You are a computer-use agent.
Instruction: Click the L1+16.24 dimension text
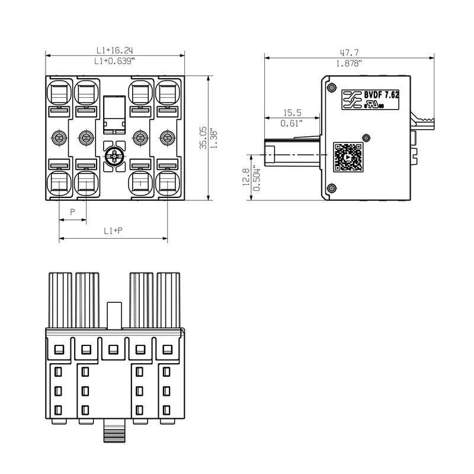point(115,50)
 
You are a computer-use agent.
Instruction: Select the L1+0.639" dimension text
point(115,61)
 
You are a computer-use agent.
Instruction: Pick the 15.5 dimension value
point(292,113)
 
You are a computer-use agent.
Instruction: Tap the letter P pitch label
point(72,212)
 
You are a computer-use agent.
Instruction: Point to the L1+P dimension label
point(113,230)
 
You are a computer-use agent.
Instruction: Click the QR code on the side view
point(348,157)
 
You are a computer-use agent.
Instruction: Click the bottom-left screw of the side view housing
point(331,188)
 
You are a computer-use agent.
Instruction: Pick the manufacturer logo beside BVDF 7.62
point(353,100)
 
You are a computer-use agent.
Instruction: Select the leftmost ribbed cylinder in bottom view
point(60,299)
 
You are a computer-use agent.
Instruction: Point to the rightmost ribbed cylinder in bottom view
point(169,299)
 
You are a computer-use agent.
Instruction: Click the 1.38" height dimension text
point(213,137)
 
